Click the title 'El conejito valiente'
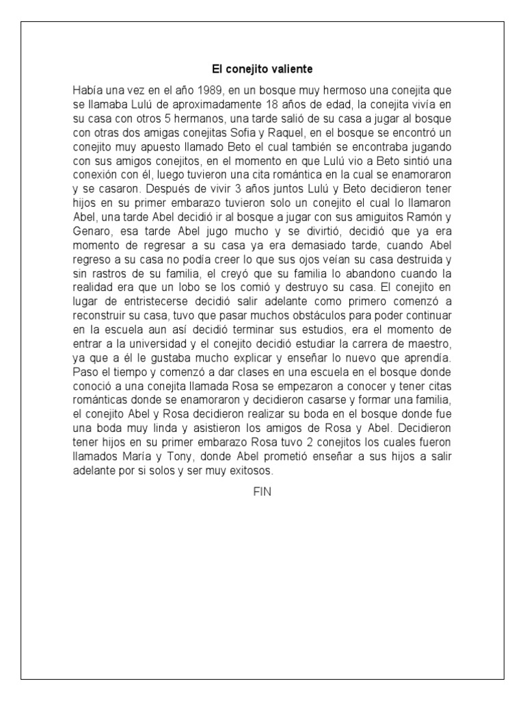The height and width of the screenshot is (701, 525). (x=262, y=70)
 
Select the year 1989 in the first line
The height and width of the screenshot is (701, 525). (x=209, y=90)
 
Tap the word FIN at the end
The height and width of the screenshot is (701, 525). (x=262, y=492)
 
